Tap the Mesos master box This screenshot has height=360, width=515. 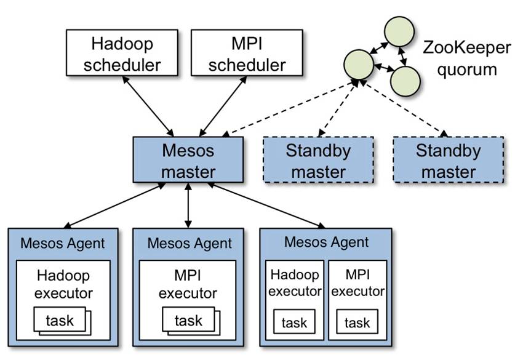188,160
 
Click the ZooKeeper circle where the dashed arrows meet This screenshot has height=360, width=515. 360,63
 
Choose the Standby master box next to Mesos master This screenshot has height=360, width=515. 318,160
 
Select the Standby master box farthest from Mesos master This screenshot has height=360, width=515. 448,160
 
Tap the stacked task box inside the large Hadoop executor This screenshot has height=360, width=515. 60,320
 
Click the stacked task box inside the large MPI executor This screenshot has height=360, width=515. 188,320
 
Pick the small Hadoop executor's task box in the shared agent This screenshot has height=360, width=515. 293,322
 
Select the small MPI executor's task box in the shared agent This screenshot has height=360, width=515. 357,322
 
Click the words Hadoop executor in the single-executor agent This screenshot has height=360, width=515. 63,284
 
